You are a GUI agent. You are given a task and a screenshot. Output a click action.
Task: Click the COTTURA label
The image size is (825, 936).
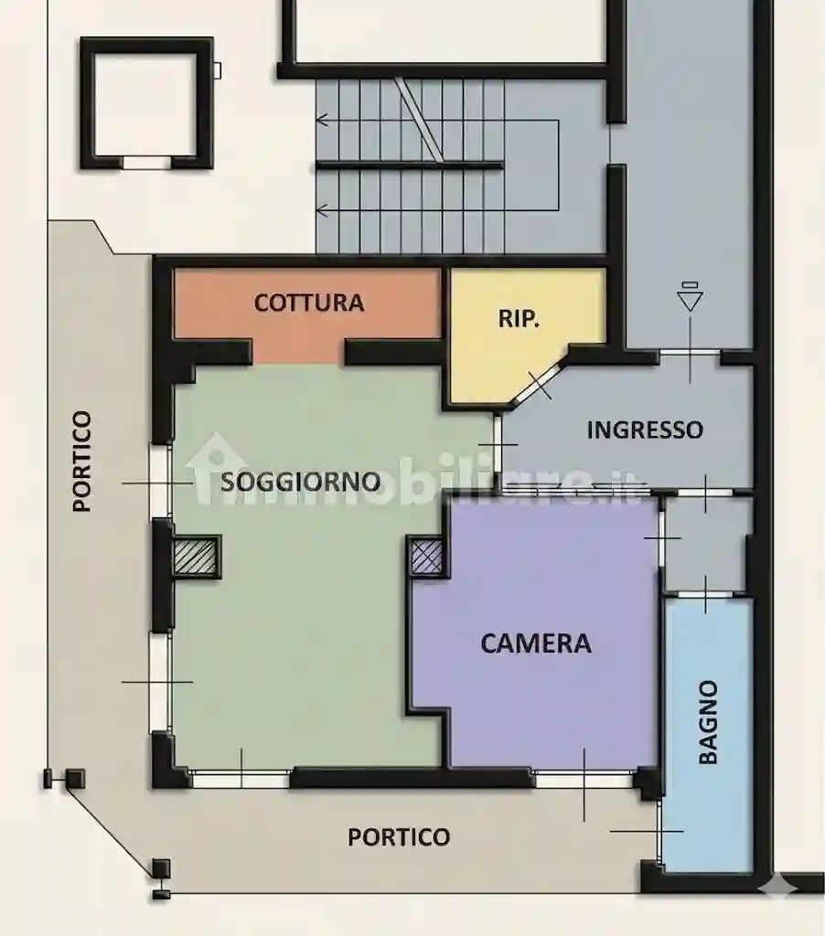coord(309,303)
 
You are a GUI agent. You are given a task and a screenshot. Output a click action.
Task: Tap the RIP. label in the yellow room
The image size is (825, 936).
coord(519,319)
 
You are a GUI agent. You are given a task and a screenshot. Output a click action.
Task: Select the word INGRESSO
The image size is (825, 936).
coord(645,430)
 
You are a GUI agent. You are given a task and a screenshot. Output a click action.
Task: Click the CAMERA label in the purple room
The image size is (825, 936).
coord(536,643)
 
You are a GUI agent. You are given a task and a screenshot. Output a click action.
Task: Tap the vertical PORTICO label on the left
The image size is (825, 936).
coord(82,461)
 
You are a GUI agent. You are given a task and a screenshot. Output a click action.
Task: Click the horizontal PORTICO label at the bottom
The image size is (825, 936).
coord(399,836)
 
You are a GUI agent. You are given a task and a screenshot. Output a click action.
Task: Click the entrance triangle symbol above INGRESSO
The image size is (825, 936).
coord(690,300)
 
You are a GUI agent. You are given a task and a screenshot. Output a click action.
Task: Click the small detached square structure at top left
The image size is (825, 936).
coord(146,102)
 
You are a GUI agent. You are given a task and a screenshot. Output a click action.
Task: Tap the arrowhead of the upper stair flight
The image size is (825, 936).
coord(322,119)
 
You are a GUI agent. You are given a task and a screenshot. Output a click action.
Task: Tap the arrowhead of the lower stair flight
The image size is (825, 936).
coord(322,210)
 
